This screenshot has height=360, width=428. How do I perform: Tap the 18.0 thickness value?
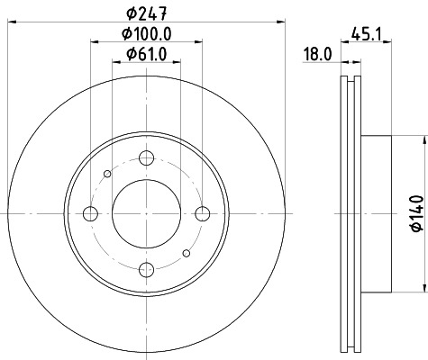tap(318, 54)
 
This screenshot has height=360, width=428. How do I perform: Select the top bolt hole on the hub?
tap(146, 157)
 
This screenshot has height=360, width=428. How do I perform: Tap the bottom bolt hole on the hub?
tap(146, 268)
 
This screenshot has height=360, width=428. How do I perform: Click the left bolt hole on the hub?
tap(90, 213)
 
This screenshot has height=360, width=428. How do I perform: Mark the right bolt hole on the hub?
tap(202, 213)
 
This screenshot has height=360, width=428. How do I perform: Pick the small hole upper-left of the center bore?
tap(108, 174)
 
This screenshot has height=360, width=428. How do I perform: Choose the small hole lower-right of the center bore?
tap(185, 253)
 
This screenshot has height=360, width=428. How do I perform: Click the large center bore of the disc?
tap(146, 213)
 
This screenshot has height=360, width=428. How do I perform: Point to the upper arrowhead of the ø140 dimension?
tap(422, 139)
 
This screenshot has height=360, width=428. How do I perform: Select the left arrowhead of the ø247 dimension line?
tap(12, 23)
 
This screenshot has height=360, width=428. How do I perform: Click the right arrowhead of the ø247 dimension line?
tap(280, 23)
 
